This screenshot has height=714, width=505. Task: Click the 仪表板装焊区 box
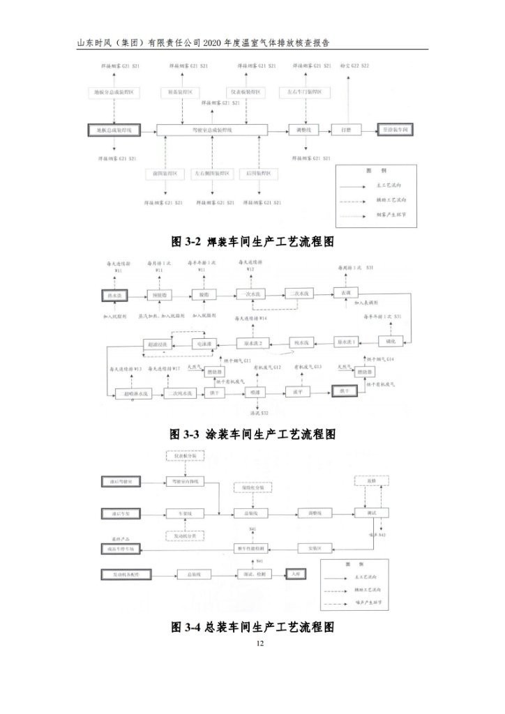[246, 92]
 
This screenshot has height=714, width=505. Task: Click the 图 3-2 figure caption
[252, 242]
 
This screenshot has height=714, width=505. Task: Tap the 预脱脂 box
[159, 296]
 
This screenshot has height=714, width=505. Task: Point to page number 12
[260, 643]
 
